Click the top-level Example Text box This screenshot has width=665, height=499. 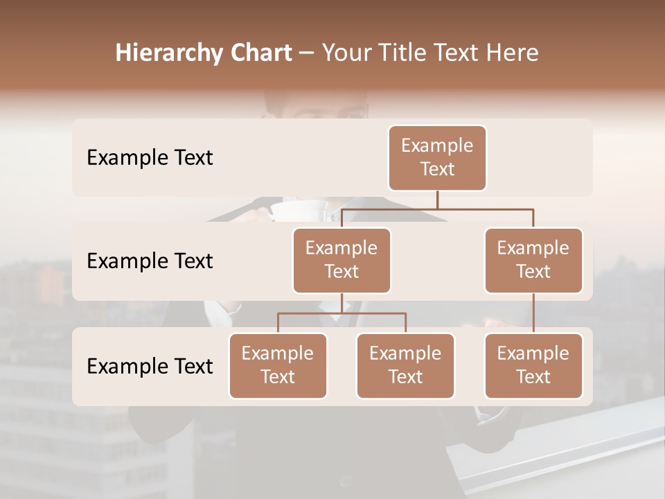(437, 158)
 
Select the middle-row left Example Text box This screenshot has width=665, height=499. (342, 261)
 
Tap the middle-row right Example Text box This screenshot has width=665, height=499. (533, 261)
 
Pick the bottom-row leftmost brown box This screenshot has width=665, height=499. (278, 366)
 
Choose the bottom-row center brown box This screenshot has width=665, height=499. (405, 366)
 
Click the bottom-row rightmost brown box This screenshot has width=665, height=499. (533, 366)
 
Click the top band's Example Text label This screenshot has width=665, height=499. (150, 158)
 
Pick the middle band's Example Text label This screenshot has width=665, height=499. (150, 261)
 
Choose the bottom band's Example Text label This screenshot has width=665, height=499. (150, 367)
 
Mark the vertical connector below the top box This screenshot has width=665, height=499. (437, 200)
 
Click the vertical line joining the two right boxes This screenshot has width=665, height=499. (533, 313)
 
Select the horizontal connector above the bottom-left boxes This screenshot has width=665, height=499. (342, 313)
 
